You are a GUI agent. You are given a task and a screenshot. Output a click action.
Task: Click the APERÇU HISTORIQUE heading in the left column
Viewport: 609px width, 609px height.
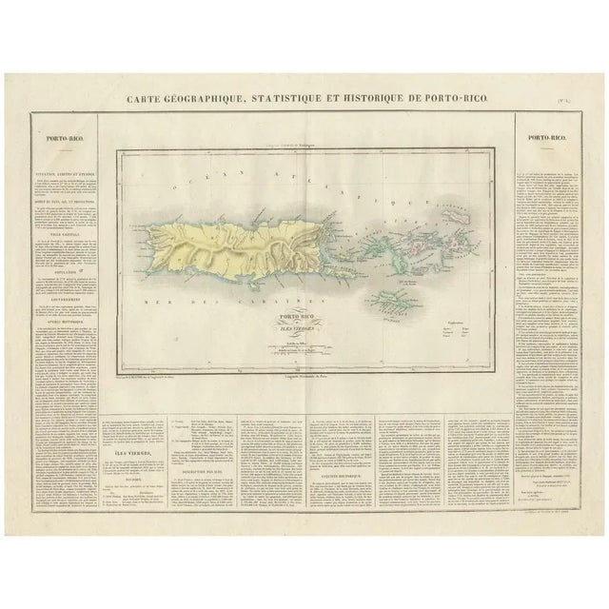[60, 317]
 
